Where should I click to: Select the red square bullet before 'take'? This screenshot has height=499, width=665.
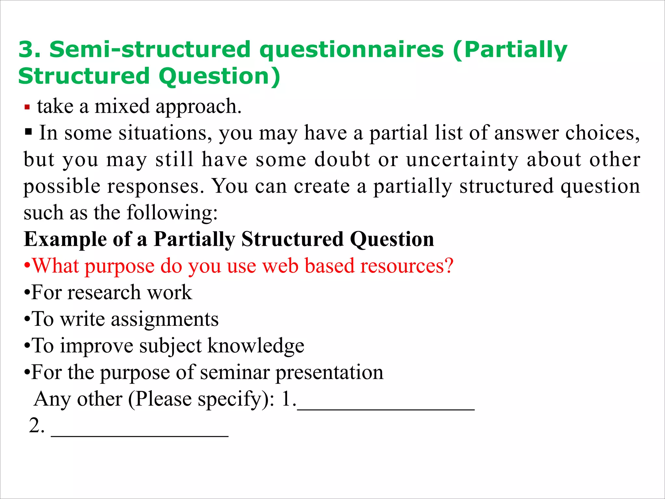click(27, 107)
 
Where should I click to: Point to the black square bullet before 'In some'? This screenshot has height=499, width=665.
click(29, 132)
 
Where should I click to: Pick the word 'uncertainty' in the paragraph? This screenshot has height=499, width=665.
click(462, 160)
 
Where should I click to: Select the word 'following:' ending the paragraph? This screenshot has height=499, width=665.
click(172, 213)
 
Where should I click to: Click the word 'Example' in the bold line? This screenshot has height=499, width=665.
click(65, 240)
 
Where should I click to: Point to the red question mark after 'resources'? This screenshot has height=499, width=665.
click(449, 266)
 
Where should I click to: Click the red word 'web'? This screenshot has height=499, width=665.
click(280, 266)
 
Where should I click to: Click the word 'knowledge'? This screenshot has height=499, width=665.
click(256, 346)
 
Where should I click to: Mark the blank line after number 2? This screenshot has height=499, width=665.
click(140, 435)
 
